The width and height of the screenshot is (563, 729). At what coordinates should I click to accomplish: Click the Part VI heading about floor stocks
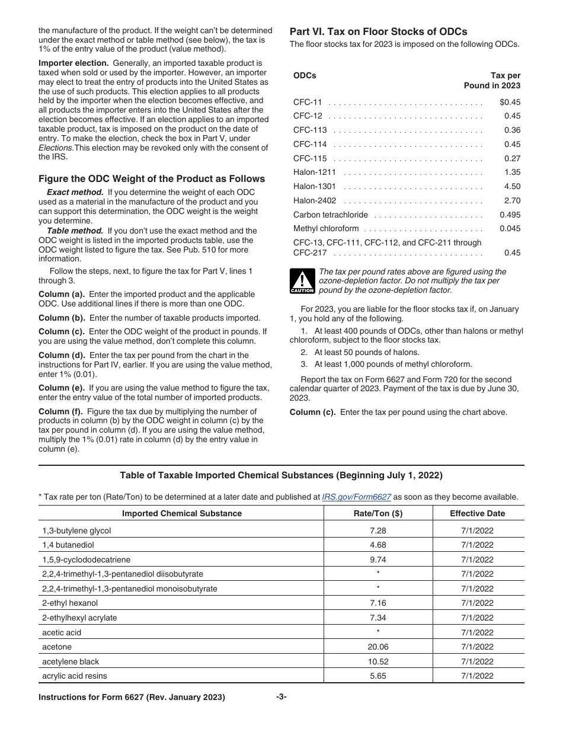[378, 32]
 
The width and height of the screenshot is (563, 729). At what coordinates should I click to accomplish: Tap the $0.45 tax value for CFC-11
[510, 102]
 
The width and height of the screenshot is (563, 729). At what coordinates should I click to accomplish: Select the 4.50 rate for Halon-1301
[512, 186]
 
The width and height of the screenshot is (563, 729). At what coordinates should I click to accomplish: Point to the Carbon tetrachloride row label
[331, 215]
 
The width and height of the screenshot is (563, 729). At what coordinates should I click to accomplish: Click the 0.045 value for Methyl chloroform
[510, 229]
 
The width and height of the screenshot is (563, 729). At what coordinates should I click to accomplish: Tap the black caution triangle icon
[302, 282]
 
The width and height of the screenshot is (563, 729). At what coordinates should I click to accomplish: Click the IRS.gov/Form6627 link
[356, 497]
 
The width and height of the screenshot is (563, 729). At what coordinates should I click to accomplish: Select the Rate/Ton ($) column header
[378, 513]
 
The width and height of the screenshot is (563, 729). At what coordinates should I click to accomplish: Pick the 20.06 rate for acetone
[378, 647]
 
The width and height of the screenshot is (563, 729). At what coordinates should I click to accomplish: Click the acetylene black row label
[71, 661]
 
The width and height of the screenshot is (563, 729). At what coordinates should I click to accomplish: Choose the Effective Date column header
[477, 513]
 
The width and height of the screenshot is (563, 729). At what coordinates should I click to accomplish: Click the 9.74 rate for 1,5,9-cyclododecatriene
[378, 559]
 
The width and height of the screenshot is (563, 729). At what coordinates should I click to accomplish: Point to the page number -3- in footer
[281, 697]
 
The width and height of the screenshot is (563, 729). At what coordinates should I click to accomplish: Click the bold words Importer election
[73, 63]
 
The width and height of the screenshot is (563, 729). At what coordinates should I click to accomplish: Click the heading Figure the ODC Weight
[152, 178]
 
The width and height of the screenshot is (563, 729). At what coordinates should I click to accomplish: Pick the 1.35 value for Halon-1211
[512, 172]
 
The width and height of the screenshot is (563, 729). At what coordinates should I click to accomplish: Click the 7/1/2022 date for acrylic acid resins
[477, 676]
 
